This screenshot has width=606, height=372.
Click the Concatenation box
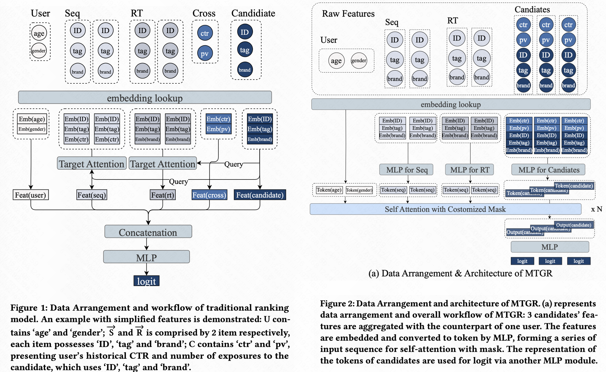[x=148, y=232]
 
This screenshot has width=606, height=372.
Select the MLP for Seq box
[x=407, y=170]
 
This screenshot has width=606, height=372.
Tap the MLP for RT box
[x=470, y=170]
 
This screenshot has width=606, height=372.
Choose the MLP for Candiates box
[x=548, y=170]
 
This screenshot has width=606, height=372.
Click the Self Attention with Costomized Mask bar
[x=445, y=209]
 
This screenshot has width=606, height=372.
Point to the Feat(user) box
[x=31, y=195]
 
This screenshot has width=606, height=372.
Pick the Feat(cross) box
[x=209, y=195]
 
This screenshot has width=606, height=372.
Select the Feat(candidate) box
[x=260, y=195]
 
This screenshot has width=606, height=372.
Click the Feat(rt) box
[x=163, y=195]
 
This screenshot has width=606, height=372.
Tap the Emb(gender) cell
[x=32, y=129]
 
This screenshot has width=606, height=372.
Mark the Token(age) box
[x=329, y=190]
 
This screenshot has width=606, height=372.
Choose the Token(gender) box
[x=359, y=190]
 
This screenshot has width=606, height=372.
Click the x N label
[x=596, y=209]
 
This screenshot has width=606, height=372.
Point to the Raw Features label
[x=348, y=14]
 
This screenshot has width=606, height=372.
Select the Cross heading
[x=204, y=13]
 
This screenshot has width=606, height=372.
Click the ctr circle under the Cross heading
[x=205, y=33]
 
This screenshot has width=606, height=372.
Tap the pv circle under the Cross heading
[x=205, y=53]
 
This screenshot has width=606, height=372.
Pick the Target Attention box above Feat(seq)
[x=92, y=164]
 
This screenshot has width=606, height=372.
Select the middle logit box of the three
[x=550, y=261]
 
